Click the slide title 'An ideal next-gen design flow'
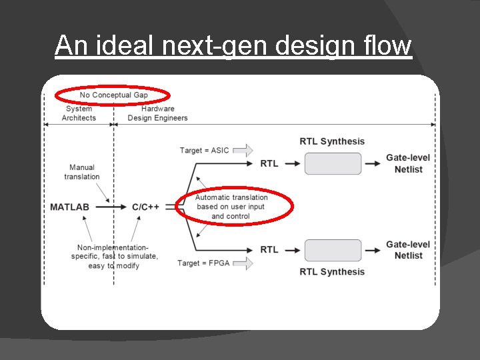tap(233, 46)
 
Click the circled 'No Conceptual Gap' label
tap(113, 95)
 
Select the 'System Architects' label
tap(79, 113)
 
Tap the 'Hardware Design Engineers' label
tap(157, 113)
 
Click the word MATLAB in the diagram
tap(69, 207)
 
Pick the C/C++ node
tap(145, 207)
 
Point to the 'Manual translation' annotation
tap(82, 172)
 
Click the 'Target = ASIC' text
tap(204, 150)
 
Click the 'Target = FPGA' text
tap(203, 263)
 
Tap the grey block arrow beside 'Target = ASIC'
tap(243, 150)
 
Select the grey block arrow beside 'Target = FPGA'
tap(243, 263)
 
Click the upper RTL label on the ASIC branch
tap(269, 163)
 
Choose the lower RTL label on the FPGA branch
tap(269, 249)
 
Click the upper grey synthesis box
tap(333, 163)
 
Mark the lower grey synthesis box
tap(333, 250)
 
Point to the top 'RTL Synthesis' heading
tap(332, 141)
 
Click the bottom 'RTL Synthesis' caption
tap(332, 271)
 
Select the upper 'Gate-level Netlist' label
tap(408, 163)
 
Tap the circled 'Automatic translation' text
tap(231, 207)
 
